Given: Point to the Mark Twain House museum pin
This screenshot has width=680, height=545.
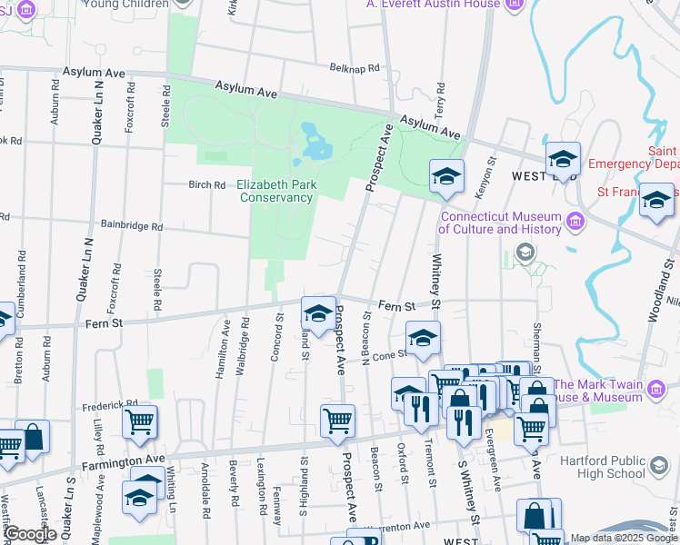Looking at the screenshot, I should coord(655,391).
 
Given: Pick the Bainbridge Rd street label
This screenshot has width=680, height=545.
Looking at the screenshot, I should coord(131,226).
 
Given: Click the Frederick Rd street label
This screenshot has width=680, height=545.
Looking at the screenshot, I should coord(109,403).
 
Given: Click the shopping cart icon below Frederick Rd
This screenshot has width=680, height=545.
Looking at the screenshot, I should coord(139,421).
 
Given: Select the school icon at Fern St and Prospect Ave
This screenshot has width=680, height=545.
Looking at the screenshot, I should coord(317,313).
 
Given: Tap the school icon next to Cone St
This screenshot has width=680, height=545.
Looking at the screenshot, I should coord(422,338).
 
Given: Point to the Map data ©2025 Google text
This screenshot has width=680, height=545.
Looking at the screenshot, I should coord(623,538).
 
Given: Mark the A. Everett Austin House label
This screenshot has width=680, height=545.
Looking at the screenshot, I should coord(433,5).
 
